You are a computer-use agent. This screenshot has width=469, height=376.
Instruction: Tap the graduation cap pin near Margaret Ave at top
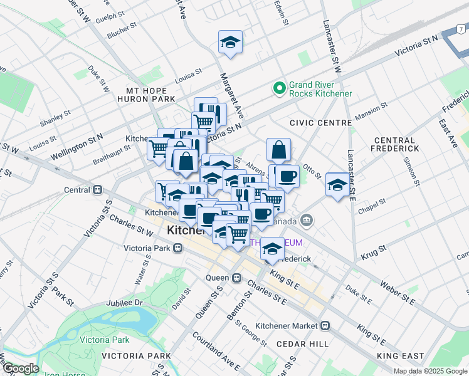click(x=230, y=43)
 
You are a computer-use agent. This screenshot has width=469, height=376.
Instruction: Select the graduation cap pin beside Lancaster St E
click(x=337, y=185)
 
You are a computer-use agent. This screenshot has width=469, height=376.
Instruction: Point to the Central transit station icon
click(x=97, y=189)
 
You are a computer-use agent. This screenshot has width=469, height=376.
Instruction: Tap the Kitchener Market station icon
click(x=325, y=326)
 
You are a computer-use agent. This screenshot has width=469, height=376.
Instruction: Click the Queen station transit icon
click(x=236, y=278)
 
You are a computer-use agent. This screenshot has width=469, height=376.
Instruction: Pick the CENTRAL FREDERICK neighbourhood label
click(x=394, y=144)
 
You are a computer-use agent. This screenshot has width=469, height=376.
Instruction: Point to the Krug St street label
click(x=374, y=254)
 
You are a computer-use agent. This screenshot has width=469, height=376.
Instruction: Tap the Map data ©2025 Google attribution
click(x=429, y=371)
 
